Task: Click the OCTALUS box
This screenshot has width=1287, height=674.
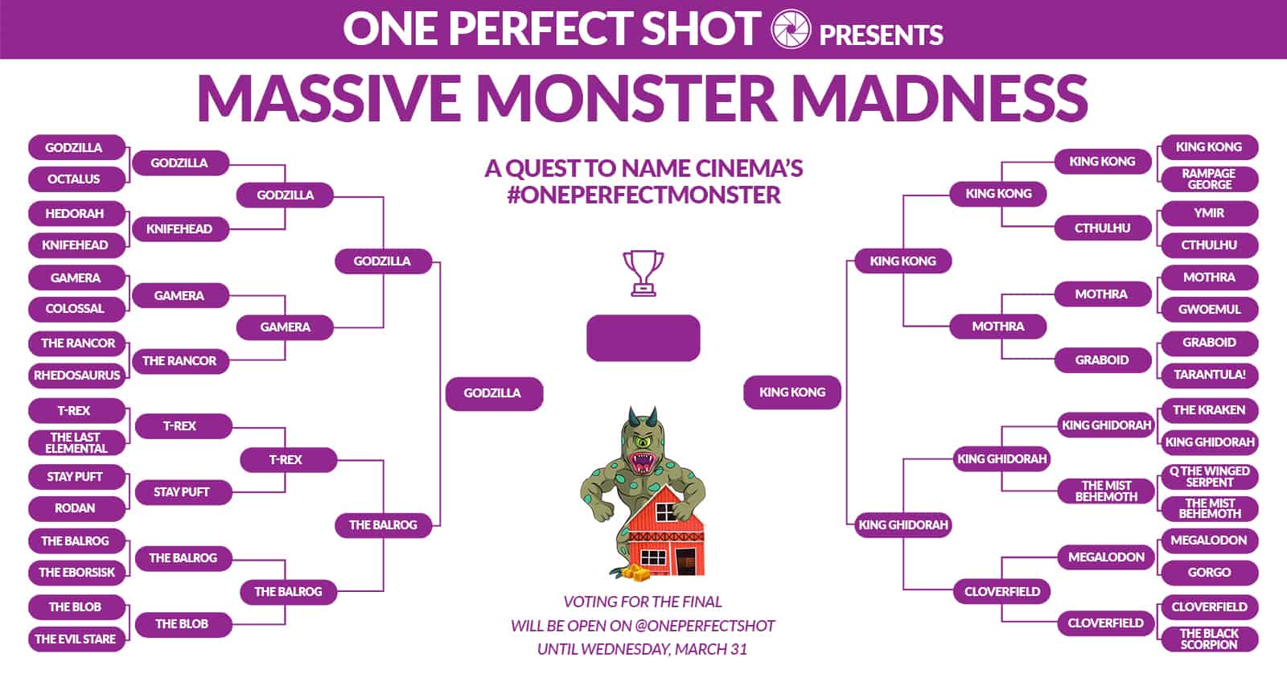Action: pyautogui.click(x=76, y=179)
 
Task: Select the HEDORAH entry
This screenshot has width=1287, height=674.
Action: pyautogui.click(x=76, y=214)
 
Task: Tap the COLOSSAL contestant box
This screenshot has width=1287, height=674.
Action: pyautogui.click(x=76, y=309)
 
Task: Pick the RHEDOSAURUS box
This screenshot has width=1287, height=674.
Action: pyautogui.click(x=76, y=376)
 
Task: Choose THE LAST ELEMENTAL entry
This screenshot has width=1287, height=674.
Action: pyautogui.click(x=76, y=443)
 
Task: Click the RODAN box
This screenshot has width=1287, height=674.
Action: pyautogui.click(x=76, y=508)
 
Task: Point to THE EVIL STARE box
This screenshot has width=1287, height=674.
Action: pyautogui.click(x=76, y=639)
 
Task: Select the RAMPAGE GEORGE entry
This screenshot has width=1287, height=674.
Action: pyautogui.click(x=1210, y=179)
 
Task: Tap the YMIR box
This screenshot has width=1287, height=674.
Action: pyautogui.click(x=1210, y=213)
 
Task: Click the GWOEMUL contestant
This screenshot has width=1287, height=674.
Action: pyautogui.click(x=1210, y=309)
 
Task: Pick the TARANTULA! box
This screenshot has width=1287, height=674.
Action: pyautogui.click(x=1210, y=375)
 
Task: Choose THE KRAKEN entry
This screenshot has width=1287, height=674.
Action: pyautogui.click(x=1210, y=410)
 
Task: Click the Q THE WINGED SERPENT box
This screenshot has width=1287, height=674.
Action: pyautogui.click(x=1210, y=477)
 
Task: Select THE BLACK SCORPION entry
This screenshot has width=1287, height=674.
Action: pyautogui.click(x=1210, y=639)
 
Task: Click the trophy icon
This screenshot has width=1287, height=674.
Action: pyautogui.click(x=643, y=273)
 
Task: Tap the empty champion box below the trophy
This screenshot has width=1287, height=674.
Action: pyautogui.click(x=643, y=338)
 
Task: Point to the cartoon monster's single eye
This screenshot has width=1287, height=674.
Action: pyautogui.click(x=643, y=442)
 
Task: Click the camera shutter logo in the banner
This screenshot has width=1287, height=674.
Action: pyautogui.click(x=790, y=29)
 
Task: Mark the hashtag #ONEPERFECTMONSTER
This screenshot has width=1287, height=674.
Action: pyautogui.click(x=643, y=195)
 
